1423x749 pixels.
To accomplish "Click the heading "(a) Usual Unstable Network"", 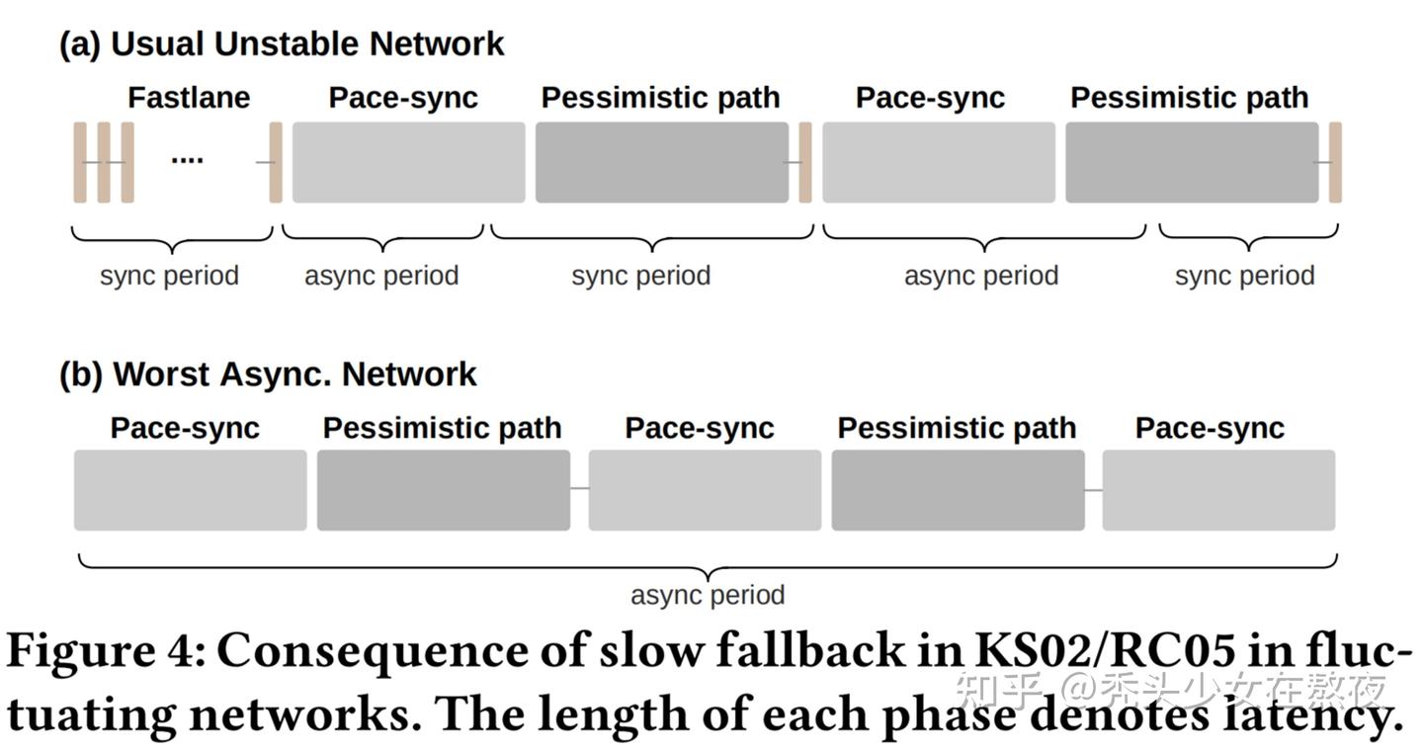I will coord(282,44).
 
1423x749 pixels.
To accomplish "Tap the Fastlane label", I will coord(189,98).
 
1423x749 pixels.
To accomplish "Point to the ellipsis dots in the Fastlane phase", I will coord(187,159).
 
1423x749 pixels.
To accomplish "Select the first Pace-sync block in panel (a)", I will coord(408,162).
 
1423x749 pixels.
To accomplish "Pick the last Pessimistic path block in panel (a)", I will coord(1191,162).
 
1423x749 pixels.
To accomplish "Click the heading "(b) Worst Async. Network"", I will coord(268,374).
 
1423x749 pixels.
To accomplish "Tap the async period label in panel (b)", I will coord(708,595).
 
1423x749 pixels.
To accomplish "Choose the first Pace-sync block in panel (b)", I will coord(190,490).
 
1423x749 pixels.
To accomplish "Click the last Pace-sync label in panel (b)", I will coord(1210,428).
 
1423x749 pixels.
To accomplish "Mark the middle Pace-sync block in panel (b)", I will coord(705,490).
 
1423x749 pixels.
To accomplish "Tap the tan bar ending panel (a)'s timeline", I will coord(1335,162).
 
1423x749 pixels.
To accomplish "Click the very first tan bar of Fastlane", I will coord(80,162).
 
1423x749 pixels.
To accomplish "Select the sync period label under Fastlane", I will coord(169,275).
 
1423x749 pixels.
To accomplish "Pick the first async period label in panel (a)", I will coord(381,275).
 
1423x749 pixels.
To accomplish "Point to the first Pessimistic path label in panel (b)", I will coord(442,428).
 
